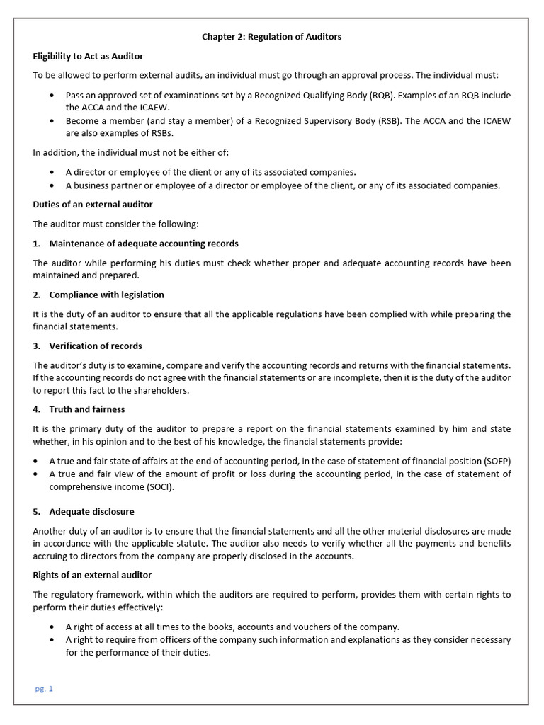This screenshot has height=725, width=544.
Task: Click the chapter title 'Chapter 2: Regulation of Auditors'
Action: [x=272, y=37]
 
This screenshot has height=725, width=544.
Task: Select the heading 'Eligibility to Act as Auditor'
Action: [x=89, y=56]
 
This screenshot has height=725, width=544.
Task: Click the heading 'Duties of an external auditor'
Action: [x=93, y=205]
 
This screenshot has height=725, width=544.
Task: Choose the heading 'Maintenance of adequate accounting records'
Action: [x=144, y=244]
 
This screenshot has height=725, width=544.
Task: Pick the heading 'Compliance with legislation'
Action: [x=106, y=295]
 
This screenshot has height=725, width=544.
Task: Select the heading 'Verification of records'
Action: [x=96, y=346]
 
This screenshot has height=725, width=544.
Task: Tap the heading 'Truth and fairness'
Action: [x=87, y=409]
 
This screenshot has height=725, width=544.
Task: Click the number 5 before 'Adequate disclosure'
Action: [x=36, y=511]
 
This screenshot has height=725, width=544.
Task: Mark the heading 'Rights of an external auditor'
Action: [x=92, y=575]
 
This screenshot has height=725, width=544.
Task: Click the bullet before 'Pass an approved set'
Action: [x=54, y=96]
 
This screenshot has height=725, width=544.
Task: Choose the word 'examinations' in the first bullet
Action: [x=189, y=96]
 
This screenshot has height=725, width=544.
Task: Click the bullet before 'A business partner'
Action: [x=54, y=185]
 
